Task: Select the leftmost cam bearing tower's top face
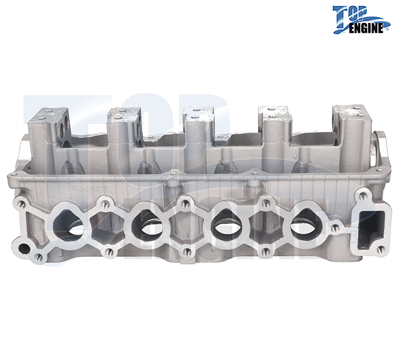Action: tap(49, 113)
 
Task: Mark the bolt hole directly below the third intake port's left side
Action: tap(187, 252)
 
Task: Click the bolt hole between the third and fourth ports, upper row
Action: tap(266, 204)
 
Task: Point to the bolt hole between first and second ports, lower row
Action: tap(109, 253)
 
